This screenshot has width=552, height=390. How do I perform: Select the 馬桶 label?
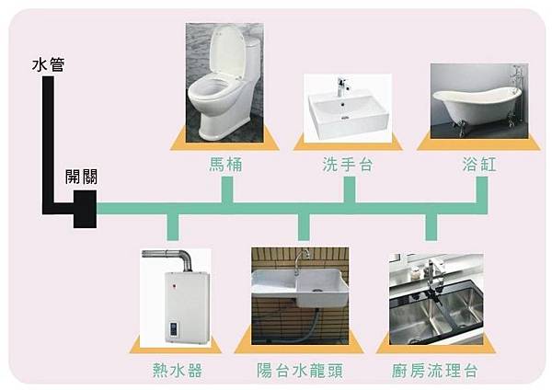point(224,165)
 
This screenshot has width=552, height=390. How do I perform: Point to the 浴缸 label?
point(479,165)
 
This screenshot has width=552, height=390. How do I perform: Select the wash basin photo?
point(348,106)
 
